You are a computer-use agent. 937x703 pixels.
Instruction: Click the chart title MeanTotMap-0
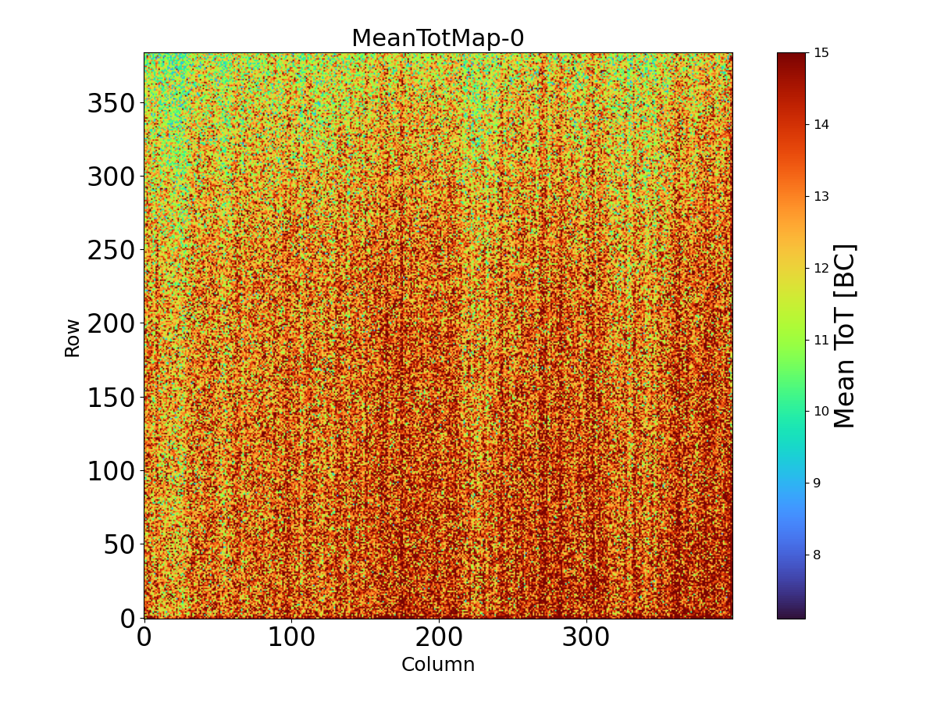coord(437,38)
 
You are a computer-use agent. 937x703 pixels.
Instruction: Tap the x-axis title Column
coord(437,665)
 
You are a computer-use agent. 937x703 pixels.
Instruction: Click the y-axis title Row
coord(72,337)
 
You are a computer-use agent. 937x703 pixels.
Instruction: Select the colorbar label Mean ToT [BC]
coord(845,336)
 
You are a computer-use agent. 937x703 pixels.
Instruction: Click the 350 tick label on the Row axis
coord(111,103)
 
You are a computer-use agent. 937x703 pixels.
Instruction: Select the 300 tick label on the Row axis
coord(111,177)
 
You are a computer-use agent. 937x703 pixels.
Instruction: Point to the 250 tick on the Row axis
coord(111,250)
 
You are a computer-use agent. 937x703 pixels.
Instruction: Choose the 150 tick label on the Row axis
coord(111,397)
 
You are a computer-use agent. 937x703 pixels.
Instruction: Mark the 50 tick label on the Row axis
coord(119,544)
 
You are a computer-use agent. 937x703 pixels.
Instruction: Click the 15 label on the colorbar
coord(821,53)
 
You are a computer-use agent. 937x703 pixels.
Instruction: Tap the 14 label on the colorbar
coord(821,125)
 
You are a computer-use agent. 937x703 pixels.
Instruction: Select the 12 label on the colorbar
coord(821,268)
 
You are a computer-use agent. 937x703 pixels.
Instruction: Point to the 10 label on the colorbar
coord(821,412)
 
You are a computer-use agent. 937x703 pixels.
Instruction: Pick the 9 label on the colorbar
coord(818,483)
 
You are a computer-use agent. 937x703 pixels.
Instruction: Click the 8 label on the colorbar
coord(818,555)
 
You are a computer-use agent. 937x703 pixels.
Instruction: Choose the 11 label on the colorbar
coord(821,340)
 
